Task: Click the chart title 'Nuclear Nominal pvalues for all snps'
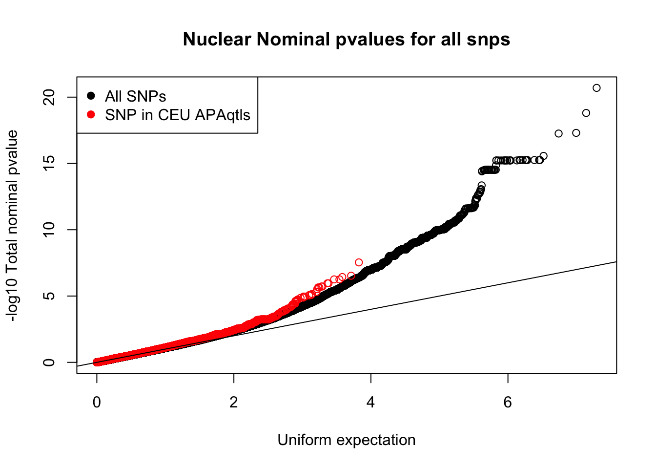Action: (x=347, y=39)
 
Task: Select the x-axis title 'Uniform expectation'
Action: (x=347, y=440)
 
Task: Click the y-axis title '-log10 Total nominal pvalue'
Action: (x=12, y=226)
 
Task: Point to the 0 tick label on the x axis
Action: (x=97, y=402)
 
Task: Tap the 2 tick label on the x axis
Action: (x=234, y=402)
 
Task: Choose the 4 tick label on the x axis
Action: (x=371, y=402)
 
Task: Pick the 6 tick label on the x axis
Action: (x=508, y=402)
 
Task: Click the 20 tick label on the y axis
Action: (x=49, y=97)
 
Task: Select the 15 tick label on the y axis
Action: (x=49, y=163)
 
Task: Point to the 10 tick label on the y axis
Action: (x=49, y=230)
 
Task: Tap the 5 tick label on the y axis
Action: (x=49, y=296)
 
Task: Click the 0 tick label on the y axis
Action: (x=49, y=362)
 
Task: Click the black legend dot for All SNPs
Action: (x=91, y=96)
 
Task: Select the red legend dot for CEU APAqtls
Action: (x=91, y=115)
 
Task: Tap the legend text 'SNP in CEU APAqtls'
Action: (x=178, y=115)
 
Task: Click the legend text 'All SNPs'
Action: (x=136, y=96)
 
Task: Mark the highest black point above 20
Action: (x=596, y=88)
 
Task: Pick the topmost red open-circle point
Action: (x=359, y=262)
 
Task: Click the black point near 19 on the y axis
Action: (x=586, y=113)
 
